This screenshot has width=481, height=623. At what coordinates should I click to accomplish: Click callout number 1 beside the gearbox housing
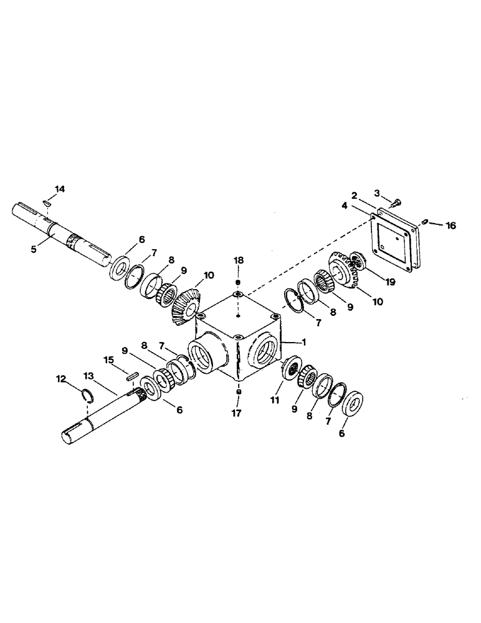tap(305, 341)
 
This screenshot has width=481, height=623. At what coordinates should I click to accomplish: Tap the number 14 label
tap(59, 189)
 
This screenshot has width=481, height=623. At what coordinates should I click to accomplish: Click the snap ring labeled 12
tap(89, 394)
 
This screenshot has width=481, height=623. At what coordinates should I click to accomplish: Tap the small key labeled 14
tap(48, 202)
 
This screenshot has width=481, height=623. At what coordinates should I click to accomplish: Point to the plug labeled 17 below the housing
tap(239, 392)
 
